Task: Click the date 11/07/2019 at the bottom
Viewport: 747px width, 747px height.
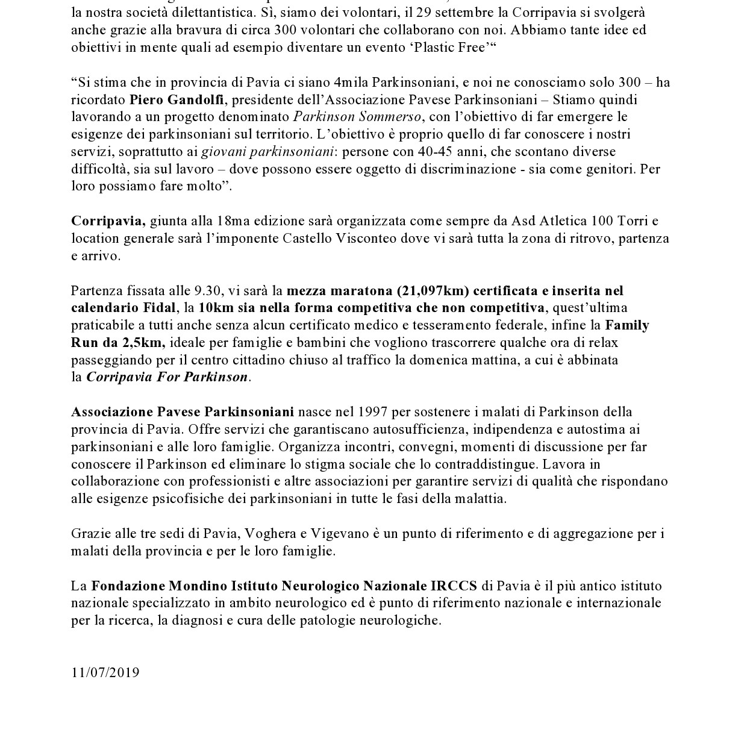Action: [105, 672]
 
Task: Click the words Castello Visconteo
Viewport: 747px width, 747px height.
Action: [340, 239]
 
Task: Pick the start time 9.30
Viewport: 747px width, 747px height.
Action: [209, 291]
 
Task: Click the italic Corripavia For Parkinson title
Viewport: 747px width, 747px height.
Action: [167, 378]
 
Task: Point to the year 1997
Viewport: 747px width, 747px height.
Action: [372, 412]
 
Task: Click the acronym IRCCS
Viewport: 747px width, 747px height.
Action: [454, 586]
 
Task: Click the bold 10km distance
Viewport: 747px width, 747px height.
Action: [212, 308]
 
